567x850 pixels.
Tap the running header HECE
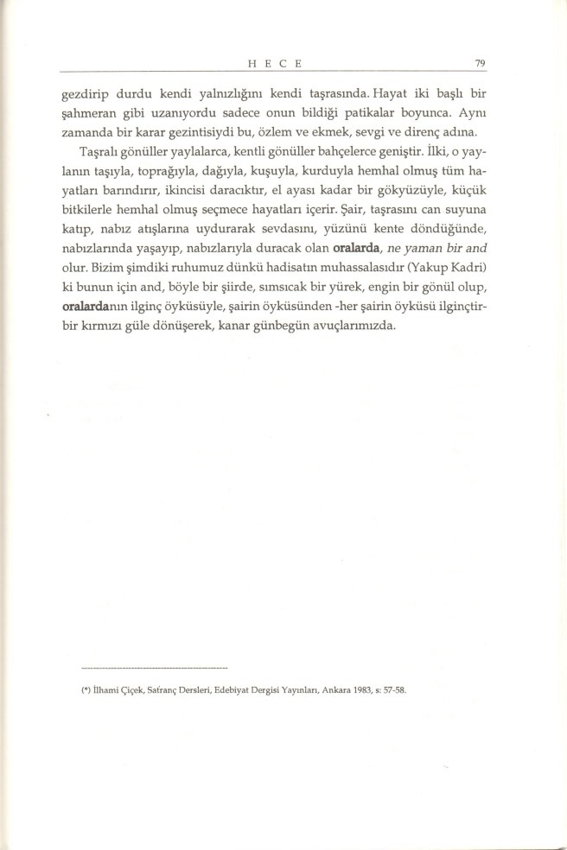(274, 62)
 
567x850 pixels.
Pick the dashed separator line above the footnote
(153, 668)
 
